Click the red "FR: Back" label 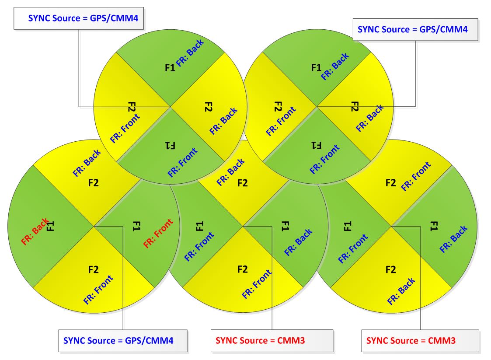35,231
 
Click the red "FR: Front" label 158,233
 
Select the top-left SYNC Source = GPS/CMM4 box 79,18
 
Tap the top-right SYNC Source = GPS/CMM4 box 415,30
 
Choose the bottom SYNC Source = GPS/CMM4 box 123,341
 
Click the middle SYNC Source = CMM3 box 272,341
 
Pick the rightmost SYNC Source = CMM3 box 420,341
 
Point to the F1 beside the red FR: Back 50,226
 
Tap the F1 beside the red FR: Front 136,226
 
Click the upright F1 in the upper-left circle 170,68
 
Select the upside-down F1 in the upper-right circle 316,145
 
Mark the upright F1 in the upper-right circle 316,68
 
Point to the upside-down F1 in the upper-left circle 170,145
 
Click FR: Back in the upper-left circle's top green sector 190,52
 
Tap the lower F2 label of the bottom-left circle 93,269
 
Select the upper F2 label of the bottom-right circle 390,183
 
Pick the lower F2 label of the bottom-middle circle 242,269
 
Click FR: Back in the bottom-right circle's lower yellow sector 401,291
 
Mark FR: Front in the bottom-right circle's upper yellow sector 416,176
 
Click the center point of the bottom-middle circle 243,226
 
